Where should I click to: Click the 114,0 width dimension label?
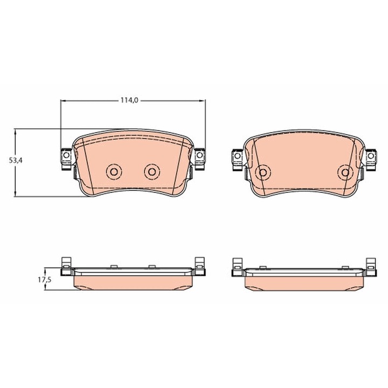pyautogui.click(x=129, y=100)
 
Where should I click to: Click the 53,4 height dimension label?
pyautogui.click(x=16, y=161)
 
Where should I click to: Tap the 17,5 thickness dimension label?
pyautogui.click(x=45, y=280)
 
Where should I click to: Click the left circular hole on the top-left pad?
pyautogui.click(x=114, y=171)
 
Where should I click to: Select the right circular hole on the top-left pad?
pyautogui.click(x=152, y=171)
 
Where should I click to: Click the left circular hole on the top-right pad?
pyautogui.click(x=263, y=172)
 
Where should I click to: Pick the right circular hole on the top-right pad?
pyautogui.click(x=345, y=172)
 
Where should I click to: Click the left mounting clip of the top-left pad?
pyautogui.click(x=66, y=159)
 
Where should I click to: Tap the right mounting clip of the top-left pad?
pyautogui.click(x=200, y=159)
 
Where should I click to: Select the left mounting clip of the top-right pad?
pyautogui.click(x=237, y=160)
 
